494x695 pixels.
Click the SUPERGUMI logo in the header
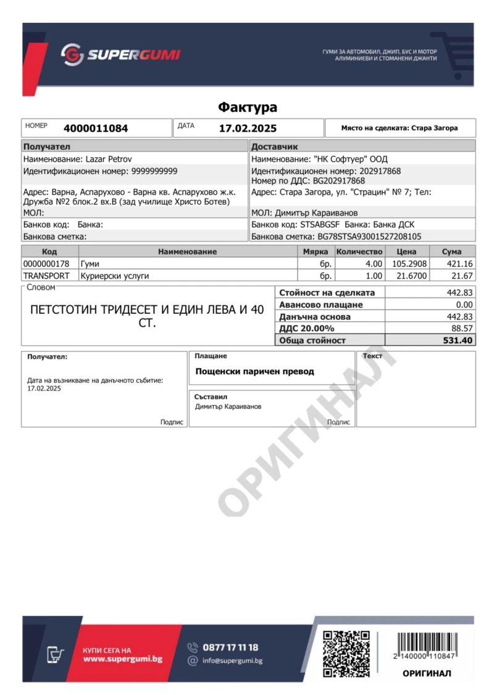pos(120,55)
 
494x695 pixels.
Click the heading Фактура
pos(247,107)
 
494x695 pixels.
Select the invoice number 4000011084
pos(96,128)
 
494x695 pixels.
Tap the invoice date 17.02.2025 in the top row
pos(248,128)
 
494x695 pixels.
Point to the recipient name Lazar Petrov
pos(107,159)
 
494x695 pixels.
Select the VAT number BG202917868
pos(339,181)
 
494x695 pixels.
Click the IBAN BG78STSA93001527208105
pos(369,236)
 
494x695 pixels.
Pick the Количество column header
pos(359,251)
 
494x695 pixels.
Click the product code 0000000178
pos(46,264)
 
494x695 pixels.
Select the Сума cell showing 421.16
pos(460,264)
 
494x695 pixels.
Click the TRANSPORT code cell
pos(46,276)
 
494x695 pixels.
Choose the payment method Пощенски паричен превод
pos(254,371)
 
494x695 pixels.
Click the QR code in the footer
pos(346,652)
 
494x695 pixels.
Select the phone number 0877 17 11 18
pos(230,647)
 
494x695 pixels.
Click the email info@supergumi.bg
pos(233,661)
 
